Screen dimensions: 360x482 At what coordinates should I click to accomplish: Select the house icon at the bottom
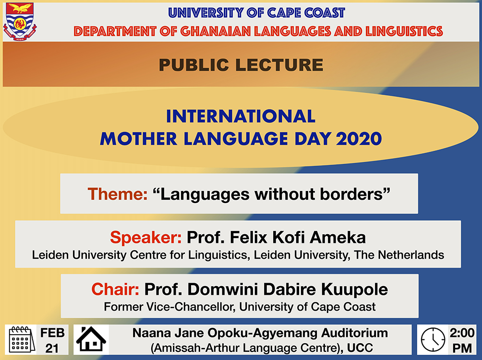[91, 340]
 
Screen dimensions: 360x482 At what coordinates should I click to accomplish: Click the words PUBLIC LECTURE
[241, 65]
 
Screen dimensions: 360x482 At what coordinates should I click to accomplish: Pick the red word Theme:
[117, 194]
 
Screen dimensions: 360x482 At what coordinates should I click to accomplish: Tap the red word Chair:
[115, 289]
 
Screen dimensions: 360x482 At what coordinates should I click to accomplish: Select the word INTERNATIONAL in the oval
[241, 116]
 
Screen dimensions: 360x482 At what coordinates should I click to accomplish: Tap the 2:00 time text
[462, 333]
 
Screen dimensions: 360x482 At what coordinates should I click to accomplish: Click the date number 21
[52, 348]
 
